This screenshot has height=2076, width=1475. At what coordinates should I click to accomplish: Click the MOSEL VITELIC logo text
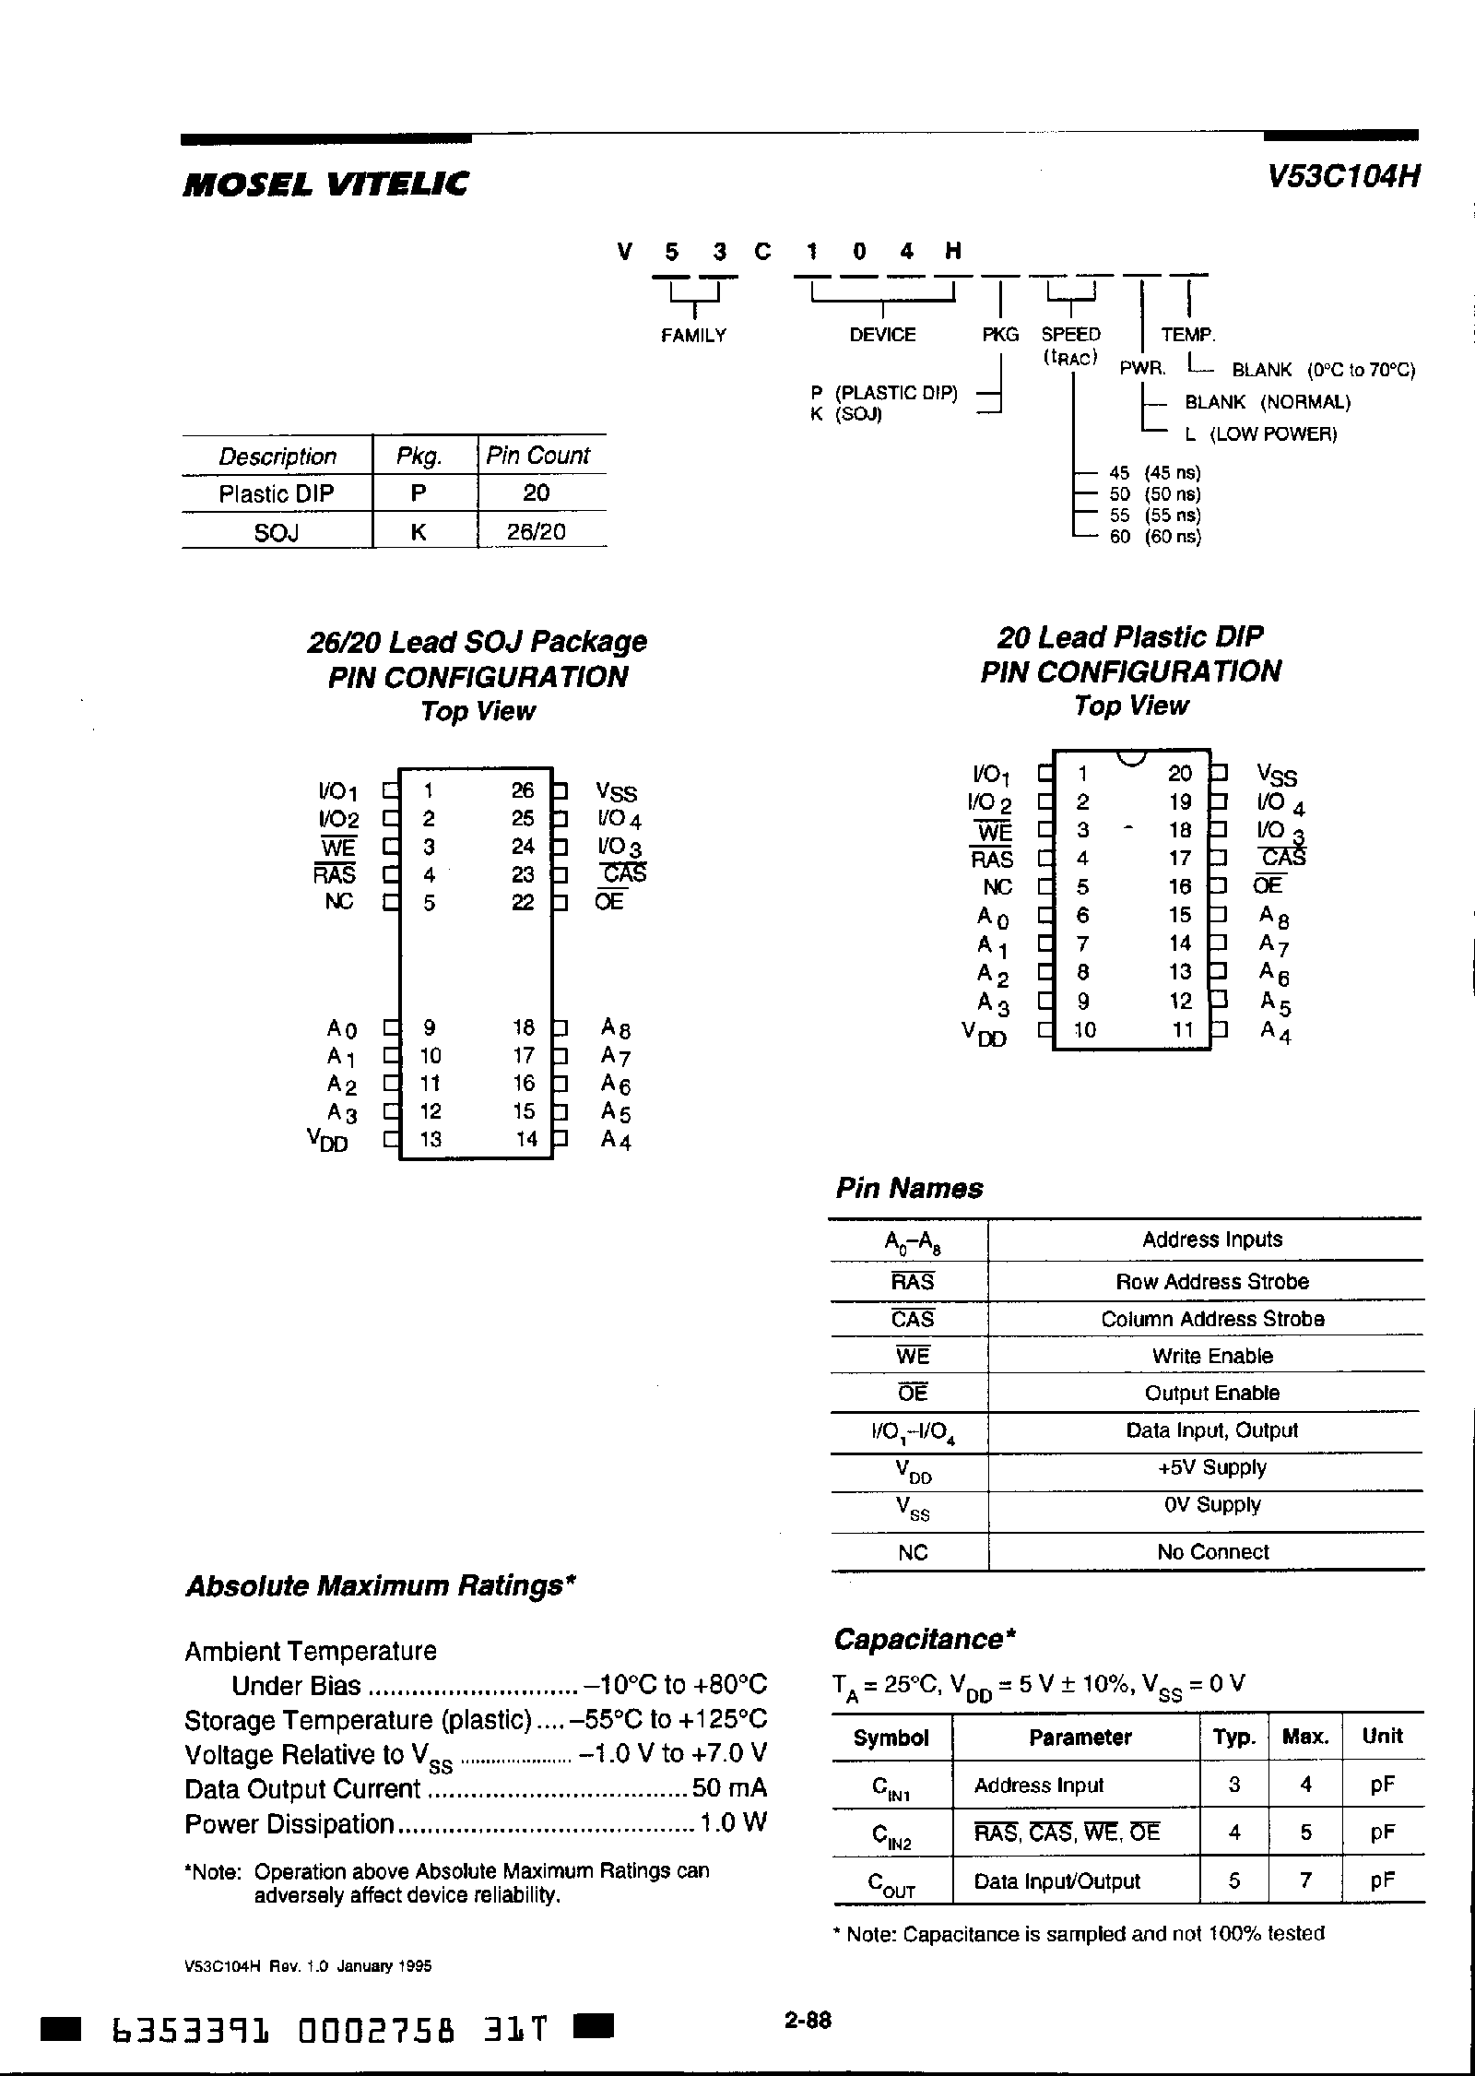325,184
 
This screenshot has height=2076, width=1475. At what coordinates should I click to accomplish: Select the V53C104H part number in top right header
1341,177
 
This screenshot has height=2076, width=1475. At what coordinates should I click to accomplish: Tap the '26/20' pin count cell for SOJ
536,531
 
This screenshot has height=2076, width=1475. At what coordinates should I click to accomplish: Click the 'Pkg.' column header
419,456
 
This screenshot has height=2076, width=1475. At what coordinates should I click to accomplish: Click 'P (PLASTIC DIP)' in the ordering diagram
884,393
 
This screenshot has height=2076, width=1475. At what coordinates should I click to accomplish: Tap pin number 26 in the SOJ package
523,790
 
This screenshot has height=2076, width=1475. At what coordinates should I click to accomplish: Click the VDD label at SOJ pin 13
328,1141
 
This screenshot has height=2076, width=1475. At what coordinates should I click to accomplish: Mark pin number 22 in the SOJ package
523,902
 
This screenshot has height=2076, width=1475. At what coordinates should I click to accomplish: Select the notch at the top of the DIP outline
1130,758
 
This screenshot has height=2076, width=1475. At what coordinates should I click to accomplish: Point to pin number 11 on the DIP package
1183,1029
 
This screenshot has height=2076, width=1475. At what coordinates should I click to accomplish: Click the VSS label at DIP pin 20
1277,776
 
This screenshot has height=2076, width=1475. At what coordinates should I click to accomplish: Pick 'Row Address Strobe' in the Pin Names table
1212,1281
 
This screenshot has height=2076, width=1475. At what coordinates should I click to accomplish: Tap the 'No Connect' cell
1212,1552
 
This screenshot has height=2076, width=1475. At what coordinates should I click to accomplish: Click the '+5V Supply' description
1212,1467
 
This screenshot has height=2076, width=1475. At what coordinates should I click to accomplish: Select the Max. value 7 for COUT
1305,1880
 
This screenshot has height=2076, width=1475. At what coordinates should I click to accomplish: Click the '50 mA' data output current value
729,1789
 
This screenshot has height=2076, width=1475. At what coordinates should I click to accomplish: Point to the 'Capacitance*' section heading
925,1639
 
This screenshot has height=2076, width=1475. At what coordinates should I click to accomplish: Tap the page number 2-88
808,2021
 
